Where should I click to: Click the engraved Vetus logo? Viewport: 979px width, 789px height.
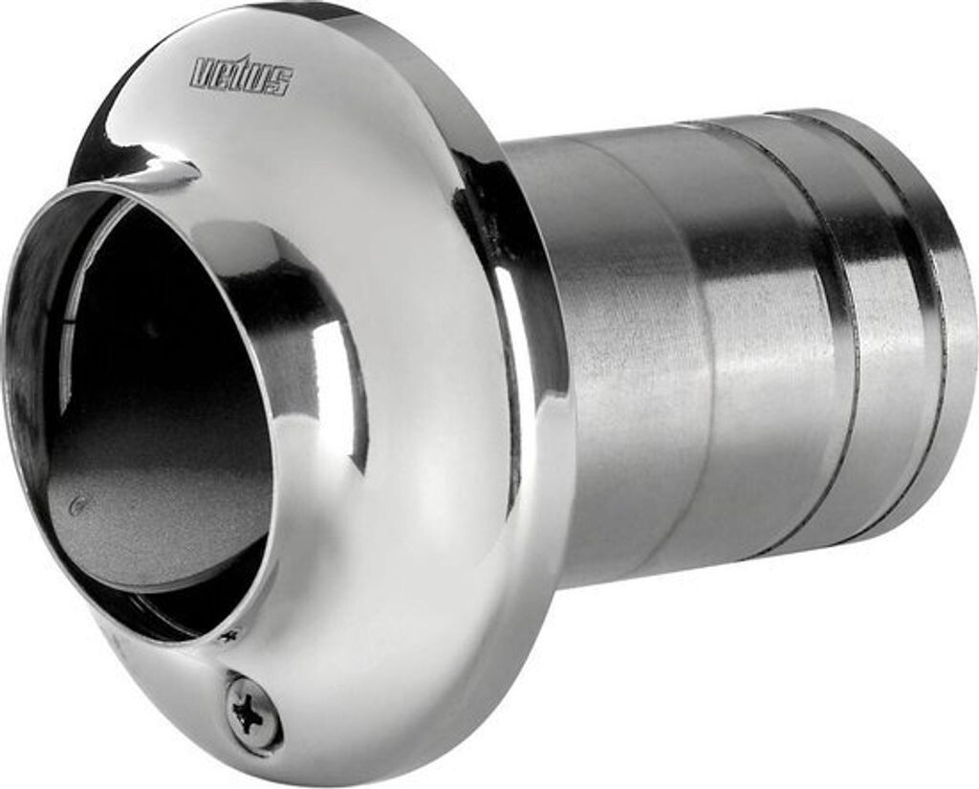(241, 75)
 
